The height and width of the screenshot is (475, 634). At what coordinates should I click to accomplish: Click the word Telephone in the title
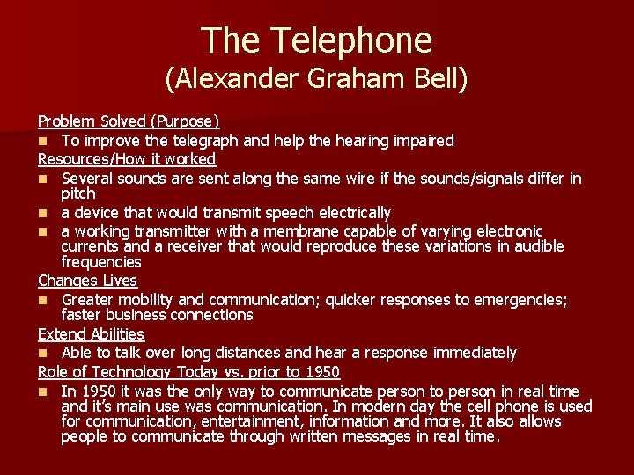coord(351,40)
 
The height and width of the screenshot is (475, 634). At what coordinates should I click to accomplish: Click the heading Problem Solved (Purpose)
coord(129,121)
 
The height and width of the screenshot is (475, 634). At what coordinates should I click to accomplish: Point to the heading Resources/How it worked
coord(127,158)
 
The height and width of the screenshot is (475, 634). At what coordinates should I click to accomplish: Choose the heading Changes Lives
coord(87,281)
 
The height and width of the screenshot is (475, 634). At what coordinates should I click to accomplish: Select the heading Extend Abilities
coord(91,334)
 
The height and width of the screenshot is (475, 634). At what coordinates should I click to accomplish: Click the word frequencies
coord(101,262)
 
